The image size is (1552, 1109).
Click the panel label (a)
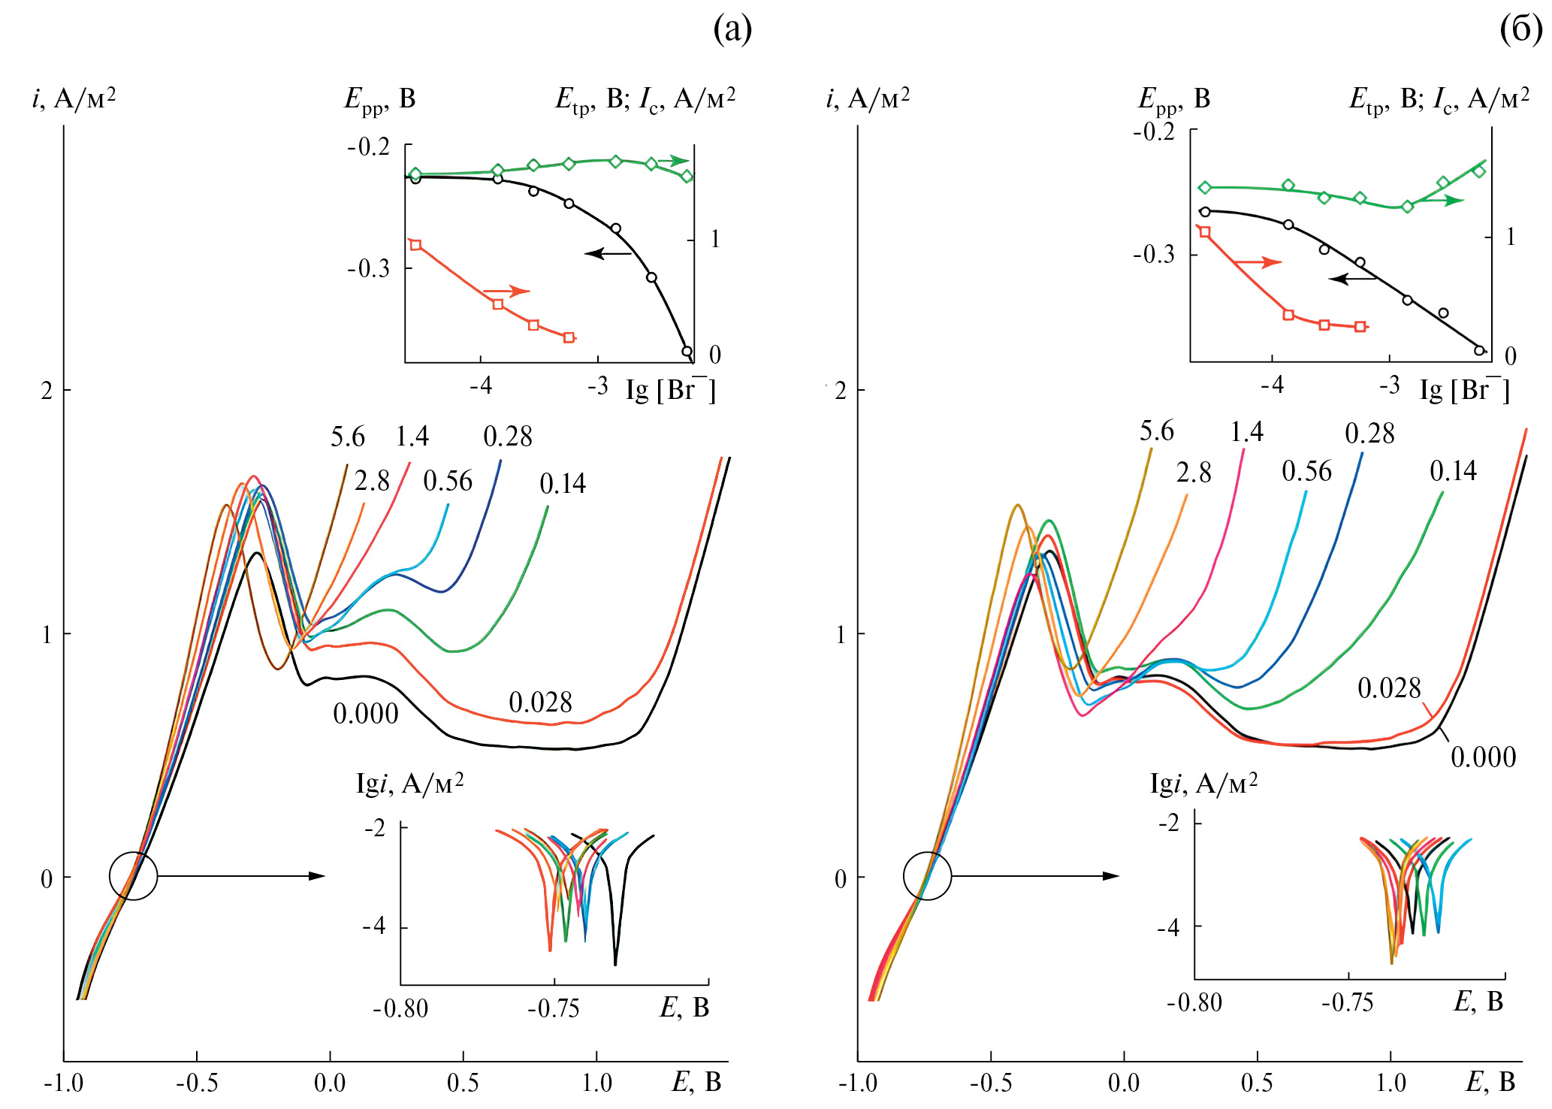tap(732, 30)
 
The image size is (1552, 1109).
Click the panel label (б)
tap(1520, 30)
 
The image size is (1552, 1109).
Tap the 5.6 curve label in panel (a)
tap(347, 437)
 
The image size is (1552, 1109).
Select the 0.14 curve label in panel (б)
tap(1453, 471)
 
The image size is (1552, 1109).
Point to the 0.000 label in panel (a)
tap(365, 714)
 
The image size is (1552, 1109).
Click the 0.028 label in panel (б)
tap(1389, 688)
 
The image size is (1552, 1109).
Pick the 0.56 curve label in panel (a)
tap(448, 481)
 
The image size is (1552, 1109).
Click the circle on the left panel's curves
tap(133, 876)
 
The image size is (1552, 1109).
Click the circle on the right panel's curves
tap(927, 876)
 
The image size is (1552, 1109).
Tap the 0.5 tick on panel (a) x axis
tap(463, 1083)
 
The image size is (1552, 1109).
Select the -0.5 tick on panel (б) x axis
tap(990, 1083)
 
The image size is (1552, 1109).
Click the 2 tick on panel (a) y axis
tap(47, 390)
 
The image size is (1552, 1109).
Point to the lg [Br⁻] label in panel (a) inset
tap(670, 390)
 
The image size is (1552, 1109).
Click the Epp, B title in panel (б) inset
tap(1174, 99)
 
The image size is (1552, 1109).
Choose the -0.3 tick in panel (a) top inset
tap(368, 268)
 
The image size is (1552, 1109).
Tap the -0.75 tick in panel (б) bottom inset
tap(1348, 1002)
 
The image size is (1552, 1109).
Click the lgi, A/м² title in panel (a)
tap(409, 784)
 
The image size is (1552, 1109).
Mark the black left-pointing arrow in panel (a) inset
tap(608, 253)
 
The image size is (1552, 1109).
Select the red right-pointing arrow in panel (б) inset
tap(1257, 262)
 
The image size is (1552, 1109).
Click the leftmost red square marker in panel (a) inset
tap(415, 245)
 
